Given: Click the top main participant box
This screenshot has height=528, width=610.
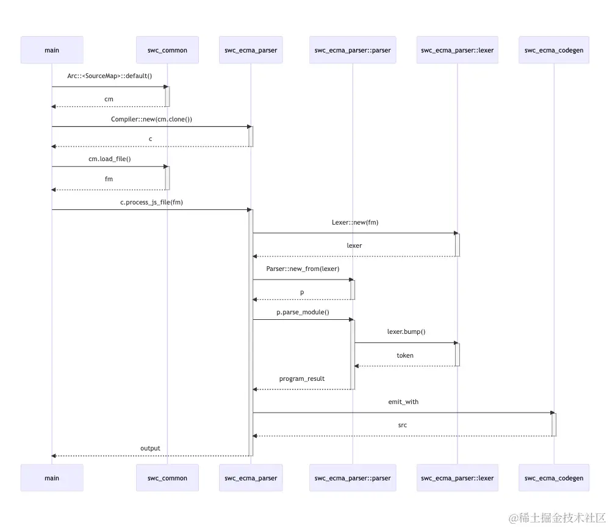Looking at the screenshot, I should pyautogui.click(x=52, y=50).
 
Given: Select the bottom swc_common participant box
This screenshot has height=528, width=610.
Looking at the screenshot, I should pyautogui.click(x=167, y=478).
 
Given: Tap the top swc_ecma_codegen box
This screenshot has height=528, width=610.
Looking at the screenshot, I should pyautogui.click(x=554, y=50).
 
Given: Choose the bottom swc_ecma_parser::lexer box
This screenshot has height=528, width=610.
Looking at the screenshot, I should pyautogui.click(x=457, y=478).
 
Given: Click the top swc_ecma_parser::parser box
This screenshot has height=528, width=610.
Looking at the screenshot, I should pyautogui.click(x=353, y=50).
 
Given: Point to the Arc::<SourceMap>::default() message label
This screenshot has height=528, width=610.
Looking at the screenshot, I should pyautogui.click(x=109, y=76).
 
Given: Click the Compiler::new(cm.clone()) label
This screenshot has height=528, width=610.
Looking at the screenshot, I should pyautogui.click(x=151, y=119).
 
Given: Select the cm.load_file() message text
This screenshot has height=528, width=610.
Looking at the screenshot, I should pyautogui.click(x=110, y=159).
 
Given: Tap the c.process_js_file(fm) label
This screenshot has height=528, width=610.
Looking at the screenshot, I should pyautogui.click(x=151, y=202).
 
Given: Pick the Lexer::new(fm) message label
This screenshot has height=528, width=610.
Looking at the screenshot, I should pyautogui.click(x=355, y=222).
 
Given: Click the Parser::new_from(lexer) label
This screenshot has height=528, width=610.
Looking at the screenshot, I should pyautogui.click(x=303, y=269).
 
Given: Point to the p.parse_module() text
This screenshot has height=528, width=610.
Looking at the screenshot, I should pyautogui.click(x=303, y=312).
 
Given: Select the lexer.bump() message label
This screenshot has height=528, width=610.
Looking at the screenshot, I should pyautogui.click(x=406, y=332).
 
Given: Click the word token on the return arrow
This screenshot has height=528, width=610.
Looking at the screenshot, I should pyautogui.click(x=405, y=355).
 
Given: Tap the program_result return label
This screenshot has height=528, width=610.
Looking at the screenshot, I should pyautogui.click(x=302, y=378).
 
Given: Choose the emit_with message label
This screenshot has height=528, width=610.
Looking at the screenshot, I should pyautogui.click(x=403, y=402).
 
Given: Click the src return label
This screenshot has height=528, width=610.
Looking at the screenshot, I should pyautogui.click(x=403, y=425).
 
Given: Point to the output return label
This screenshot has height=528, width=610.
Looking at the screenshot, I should pyautogui.click(x=150, y=448).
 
